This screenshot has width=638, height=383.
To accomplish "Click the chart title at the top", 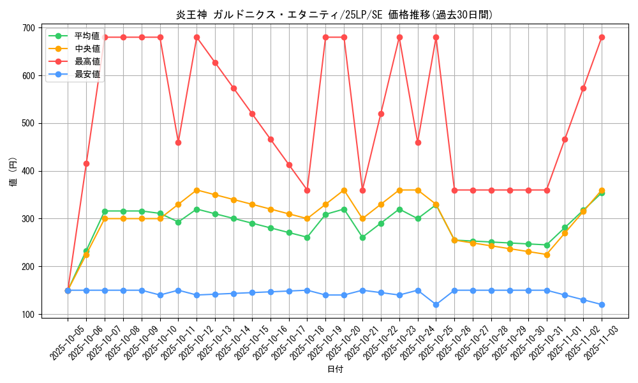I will pos(334,15).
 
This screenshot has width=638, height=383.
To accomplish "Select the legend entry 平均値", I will pos(87,36).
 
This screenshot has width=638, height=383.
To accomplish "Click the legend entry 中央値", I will pos(87,49).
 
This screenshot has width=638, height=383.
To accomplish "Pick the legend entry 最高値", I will pos(87,61).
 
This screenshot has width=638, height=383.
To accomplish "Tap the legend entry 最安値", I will pos(87,74).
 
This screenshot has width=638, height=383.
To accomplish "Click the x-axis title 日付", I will pos(335,370).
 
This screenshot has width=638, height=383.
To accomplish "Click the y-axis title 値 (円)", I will pos(13,172).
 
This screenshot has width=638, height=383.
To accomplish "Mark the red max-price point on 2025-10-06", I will pos(86,163).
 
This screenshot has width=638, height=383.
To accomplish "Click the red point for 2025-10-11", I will pos(178,142).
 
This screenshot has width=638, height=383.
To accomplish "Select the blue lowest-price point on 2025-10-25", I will pos(436,304).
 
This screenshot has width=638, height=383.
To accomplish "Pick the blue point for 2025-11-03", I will pos(602,304).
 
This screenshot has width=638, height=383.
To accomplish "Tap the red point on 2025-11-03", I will pos(602,37).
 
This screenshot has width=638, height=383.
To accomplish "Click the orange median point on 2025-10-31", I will pos(547,255).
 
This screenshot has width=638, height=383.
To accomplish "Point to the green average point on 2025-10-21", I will pos(362,237).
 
